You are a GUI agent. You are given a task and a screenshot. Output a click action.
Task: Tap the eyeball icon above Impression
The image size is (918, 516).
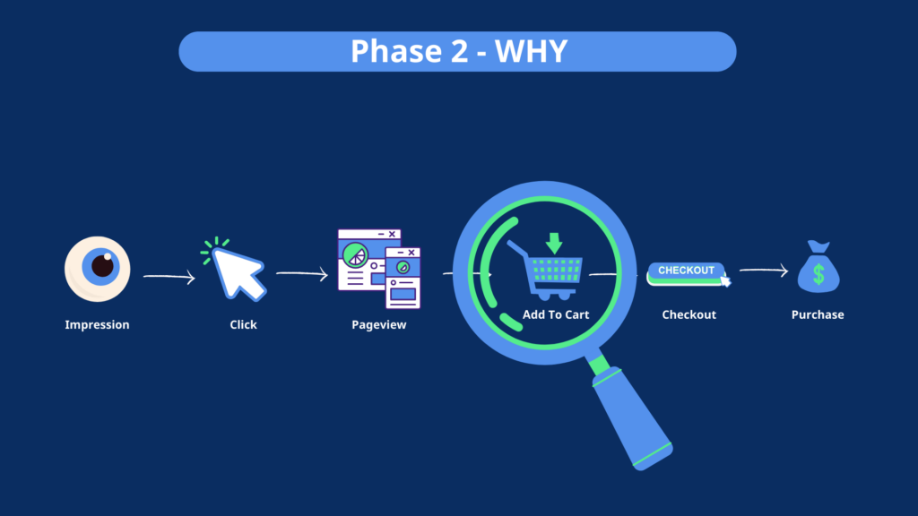click(x=98, y=268)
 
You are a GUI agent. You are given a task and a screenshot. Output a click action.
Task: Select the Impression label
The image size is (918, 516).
click(x=97, y=325)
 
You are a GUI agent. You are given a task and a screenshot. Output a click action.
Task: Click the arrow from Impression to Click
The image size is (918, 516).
click(x=169, y=278)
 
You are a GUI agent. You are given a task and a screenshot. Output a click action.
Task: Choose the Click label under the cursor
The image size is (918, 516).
click(x=243, y=325)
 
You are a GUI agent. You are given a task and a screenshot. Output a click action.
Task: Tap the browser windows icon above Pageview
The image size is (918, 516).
click(x=378, y=270)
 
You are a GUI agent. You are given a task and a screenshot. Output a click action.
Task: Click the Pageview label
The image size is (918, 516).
click(x=378, y=325)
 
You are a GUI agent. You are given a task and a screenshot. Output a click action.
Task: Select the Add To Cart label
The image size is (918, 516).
click(x=555, y=315)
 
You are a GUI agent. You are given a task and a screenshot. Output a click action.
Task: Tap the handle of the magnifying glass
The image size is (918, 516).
click(x=631, y=412)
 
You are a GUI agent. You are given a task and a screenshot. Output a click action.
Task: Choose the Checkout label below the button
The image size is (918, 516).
click(x=688, y=315)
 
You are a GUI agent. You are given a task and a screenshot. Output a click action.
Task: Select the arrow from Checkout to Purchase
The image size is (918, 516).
click(x=763, y=271)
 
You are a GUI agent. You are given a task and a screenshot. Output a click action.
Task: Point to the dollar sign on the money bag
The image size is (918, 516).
click(x=818, y=274)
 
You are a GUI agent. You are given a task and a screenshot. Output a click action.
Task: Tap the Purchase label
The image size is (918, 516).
click(x=818, y=315)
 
